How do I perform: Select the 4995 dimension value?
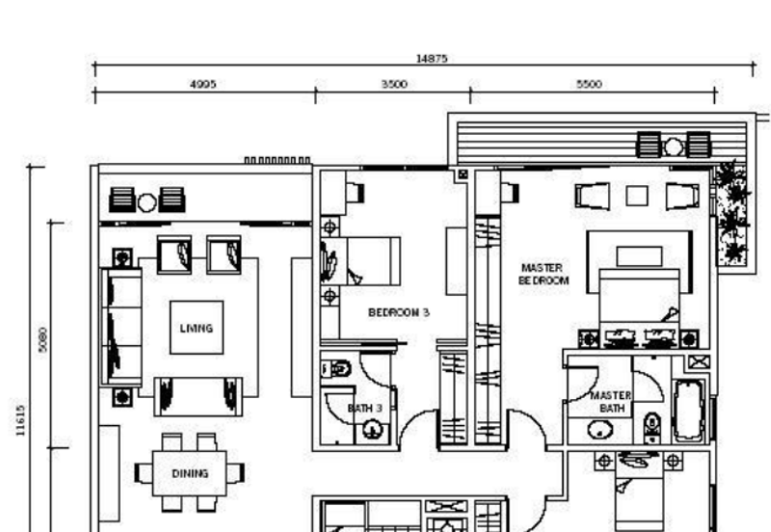[203, 84]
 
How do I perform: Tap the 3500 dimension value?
[394, 84]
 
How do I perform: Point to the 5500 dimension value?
[589, 84]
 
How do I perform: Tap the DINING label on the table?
[190, 473]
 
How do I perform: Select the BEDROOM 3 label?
[398, 312]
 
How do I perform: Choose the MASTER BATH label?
[611, 402]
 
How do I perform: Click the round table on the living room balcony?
[146, 202]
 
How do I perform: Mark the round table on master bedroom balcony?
[673, 146]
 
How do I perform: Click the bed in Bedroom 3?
[371, 260]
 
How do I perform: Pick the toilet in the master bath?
[652, 424]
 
